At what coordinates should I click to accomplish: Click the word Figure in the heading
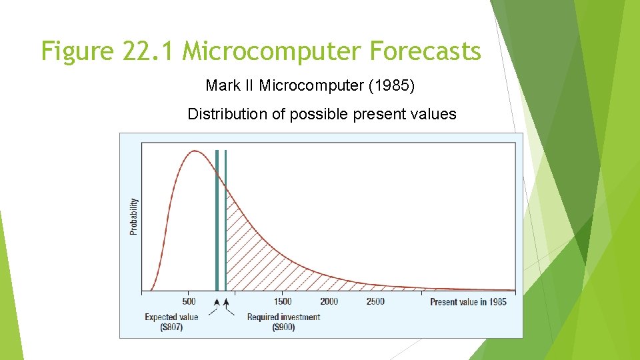pyautogui.click(x=78, y=51)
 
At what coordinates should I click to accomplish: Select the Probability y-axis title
pyautogui.click(x=134, y=217)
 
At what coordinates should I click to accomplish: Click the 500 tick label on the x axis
pyautogui.click(x=189, y=301)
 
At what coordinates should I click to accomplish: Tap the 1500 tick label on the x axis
pyautogui.click(x=282, y=301)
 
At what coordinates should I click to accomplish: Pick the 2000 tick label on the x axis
pyautogui.click(x=329, y=301)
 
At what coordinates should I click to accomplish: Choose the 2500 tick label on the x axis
pyautogui.click(x=375, y=301)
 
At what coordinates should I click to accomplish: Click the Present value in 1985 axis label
pyautogui.click(x=468, y=302)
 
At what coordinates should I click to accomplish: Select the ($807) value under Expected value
pyautogui.click(x=171, y=327)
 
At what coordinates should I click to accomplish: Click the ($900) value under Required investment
pyautogui.click(x=283, y=327)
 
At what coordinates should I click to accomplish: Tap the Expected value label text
pyautogui.click(x=171, y=317)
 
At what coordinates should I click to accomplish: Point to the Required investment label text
pyautogui.click(x=283, y=317)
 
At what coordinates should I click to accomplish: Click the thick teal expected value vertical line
pyautogui.click(x=217, y=220)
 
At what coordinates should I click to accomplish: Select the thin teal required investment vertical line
pyautogui.click(x=226, y=220)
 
